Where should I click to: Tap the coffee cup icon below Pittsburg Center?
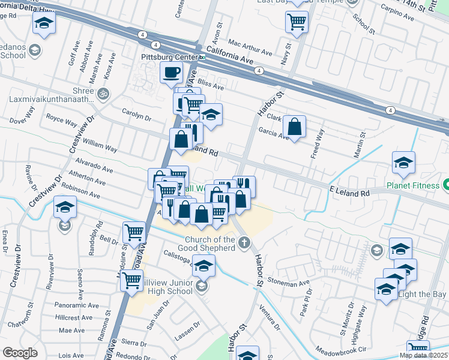pos(171,73)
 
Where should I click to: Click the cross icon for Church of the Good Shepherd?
pos(244,243)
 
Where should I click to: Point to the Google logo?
pos(20,352)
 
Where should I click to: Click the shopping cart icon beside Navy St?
pos(297,22)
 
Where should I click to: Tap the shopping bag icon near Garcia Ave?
pos(294,127)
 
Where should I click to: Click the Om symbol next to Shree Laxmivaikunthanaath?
pos(103,94)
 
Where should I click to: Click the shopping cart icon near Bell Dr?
pos(133,232)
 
